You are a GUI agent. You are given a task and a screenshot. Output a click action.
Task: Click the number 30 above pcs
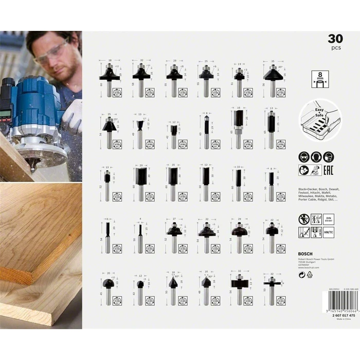(x=335, y=39)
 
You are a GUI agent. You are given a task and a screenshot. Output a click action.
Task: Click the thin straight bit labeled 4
(x=140, y=235)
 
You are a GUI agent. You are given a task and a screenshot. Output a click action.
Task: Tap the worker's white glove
(x=73, y=115)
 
